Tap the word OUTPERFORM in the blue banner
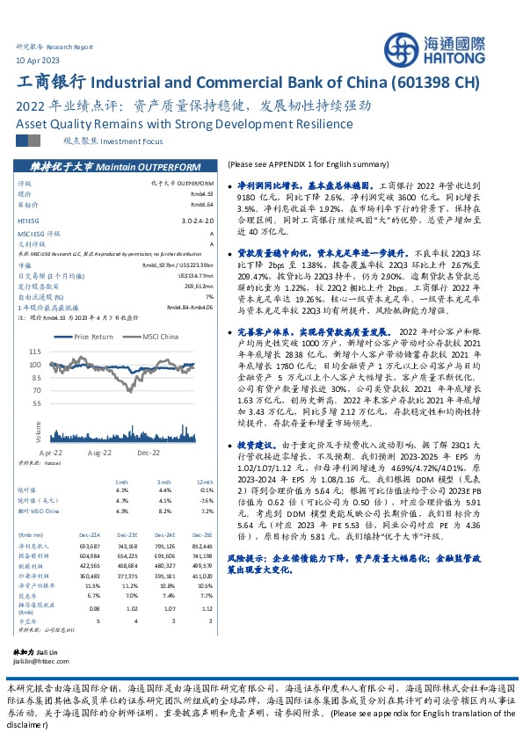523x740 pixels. click(x=163, y=166)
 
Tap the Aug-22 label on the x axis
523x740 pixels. click(x=99, y=452)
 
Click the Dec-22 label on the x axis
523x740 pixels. click(x=147, y=452)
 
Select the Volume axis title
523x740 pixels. click(x=39, y=431)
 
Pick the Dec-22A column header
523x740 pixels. click(x=89, y=533)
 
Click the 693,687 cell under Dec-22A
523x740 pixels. click(x=89, y=546)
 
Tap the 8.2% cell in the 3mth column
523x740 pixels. click(x=164, y=510)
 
